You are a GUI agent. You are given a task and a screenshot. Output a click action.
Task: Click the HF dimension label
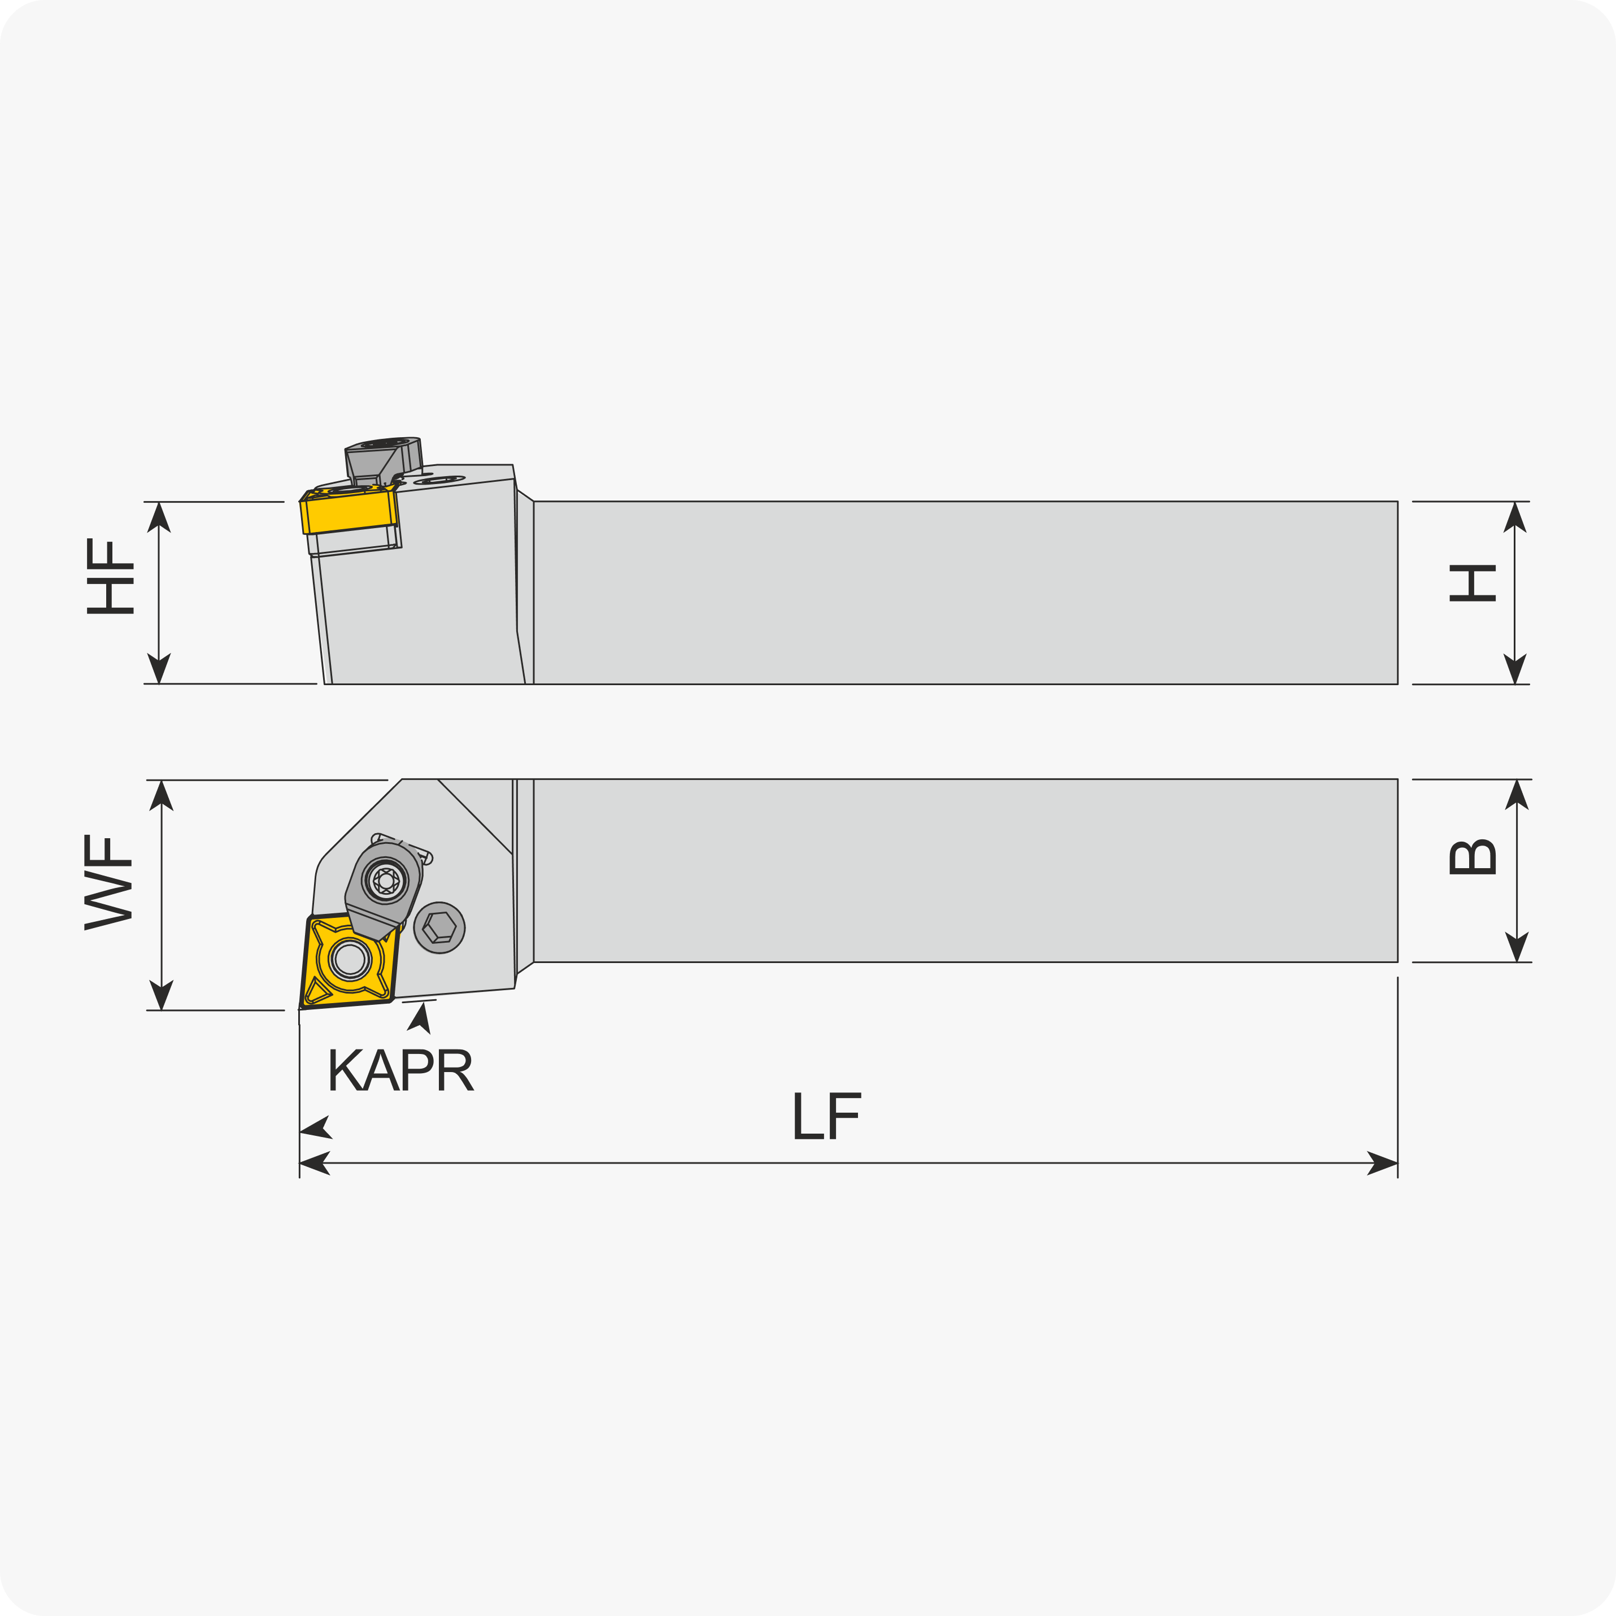(110, 576)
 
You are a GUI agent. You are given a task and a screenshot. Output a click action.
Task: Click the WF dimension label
(108, 882)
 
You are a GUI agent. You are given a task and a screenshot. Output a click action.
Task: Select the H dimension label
(1472, 583)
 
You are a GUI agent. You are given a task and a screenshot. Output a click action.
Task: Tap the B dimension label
(1472, 857)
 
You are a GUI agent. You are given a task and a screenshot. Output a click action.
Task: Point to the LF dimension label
(827, 1116)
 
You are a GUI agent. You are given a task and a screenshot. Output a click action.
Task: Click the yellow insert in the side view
(347, 511)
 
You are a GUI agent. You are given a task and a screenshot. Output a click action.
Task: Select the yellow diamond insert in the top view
(350, 960)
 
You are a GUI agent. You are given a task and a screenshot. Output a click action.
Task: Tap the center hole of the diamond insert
(350, 959)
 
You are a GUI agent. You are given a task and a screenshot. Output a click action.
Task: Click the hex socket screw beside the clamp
(439, 927)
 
